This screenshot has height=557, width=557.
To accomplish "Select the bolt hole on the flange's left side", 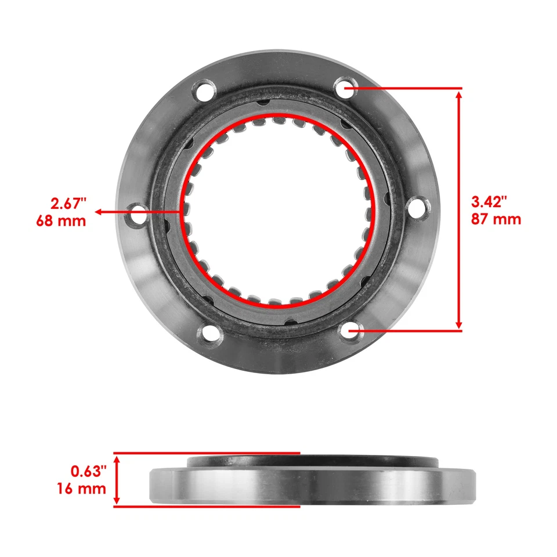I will (x=138, y=213).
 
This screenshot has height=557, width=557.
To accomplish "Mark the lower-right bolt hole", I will (x=350, y=331).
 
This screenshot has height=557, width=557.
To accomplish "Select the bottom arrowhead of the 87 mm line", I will (x=459, y=324).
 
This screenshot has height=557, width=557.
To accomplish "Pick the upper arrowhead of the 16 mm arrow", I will (x=117, y=459).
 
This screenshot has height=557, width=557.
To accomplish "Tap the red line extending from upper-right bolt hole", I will (x=406, y=88).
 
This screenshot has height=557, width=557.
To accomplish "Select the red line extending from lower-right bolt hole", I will (x=406, y=331).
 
